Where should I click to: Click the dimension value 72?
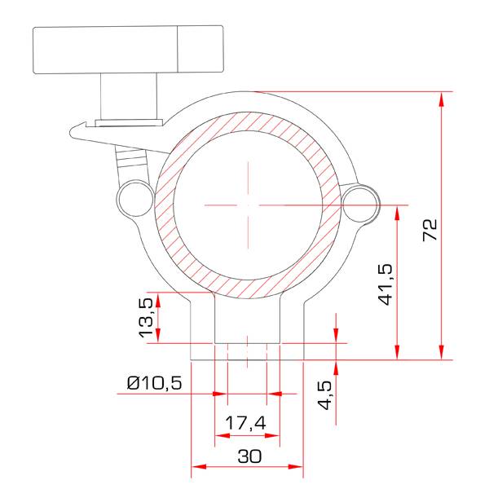pos(431,230)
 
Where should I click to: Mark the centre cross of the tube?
pos(244,204)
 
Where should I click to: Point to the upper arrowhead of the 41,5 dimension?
pos(397,211)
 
